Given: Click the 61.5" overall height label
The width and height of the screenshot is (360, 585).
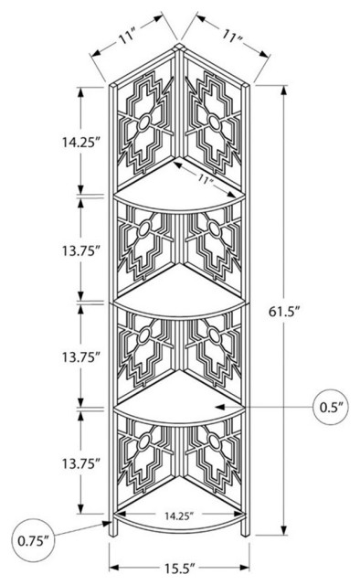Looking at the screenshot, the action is tap(284, 311).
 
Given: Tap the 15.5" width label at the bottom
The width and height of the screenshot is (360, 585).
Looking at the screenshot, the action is tap(180, 569).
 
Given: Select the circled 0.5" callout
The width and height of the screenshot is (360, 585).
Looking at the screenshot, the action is tap(332, 407).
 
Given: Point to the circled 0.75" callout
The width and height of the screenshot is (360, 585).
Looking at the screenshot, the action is tap(33, 540).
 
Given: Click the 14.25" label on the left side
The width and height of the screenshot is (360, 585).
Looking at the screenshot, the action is tap(81, 143).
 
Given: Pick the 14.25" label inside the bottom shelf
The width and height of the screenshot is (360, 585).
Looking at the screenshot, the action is tap(179, 516).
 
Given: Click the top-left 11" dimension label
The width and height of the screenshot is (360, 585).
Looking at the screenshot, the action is tap(126, 37).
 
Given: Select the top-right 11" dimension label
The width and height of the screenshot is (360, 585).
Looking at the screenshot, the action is tap(232, 37).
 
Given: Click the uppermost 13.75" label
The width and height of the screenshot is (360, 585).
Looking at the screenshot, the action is tap(81, 251).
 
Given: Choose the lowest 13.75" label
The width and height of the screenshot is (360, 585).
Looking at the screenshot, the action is tap(81, 463).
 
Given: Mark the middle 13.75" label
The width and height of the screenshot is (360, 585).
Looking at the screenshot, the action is tap(81, 357).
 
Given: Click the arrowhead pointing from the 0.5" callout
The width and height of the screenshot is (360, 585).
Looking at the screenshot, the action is tap(221, 407).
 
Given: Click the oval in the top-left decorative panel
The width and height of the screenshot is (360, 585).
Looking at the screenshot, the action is tap(144, 122).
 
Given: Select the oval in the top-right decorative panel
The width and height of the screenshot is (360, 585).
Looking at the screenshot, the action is tap(214, 122).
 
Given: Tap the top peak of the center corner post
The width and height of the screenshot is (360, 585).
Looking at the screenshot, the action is tap(179, 45).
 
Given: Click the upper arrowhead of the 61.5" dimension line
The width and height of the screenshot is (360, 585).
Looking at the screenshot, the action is tap(284, 91).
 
